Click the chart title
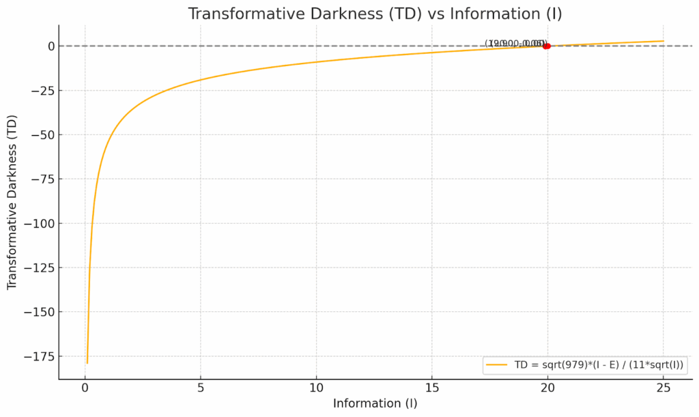click(375, 13)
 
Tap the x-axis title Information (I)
click(375, 403)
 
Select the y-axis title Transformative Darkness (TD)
click(12, 202)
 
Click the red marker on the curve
click(547, 46)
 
